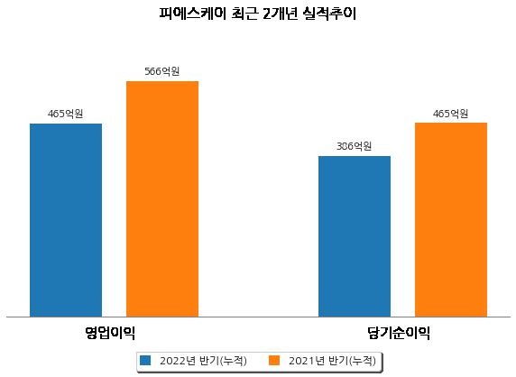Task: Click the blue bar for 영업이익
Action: click(x=66, y=220)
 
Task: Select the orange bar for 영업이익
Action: click(x=162, y=199)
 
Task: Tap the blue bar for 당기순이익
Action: click(x=355, y=236)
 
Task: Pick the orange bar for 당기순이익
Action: click(x=451, y=220)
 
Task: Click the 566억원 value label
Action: click(x=162, y=71)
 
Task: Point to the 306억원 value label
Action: click(x=355, y=146)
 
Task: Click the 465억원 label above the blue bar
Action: click(x=66, y=115)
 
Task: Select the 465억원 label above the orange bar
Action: click(x=450, y=115)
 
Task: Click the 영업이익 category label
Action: click(x=110, y=333)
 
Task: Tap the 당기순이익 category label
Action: click(x=399, y=333)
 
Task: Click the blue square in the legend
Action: click(x=145, y=360)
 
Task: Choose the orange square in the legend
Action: click(x=274, y=360)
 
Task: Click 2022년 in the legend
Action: click(x=178, y=361)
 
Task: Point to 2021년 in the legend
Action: click(x=307, y=361)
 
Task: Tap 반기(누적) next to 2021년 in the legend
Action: click(x=352, y=361)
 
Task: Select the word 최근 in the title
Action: click(x=244, y=14)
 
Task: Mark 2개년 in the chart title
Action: click(x=280, y=14)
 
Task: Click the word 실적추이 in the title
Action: click(x=330, y=14)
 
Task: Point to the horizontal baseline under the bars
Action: click(x=259, y=317)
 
